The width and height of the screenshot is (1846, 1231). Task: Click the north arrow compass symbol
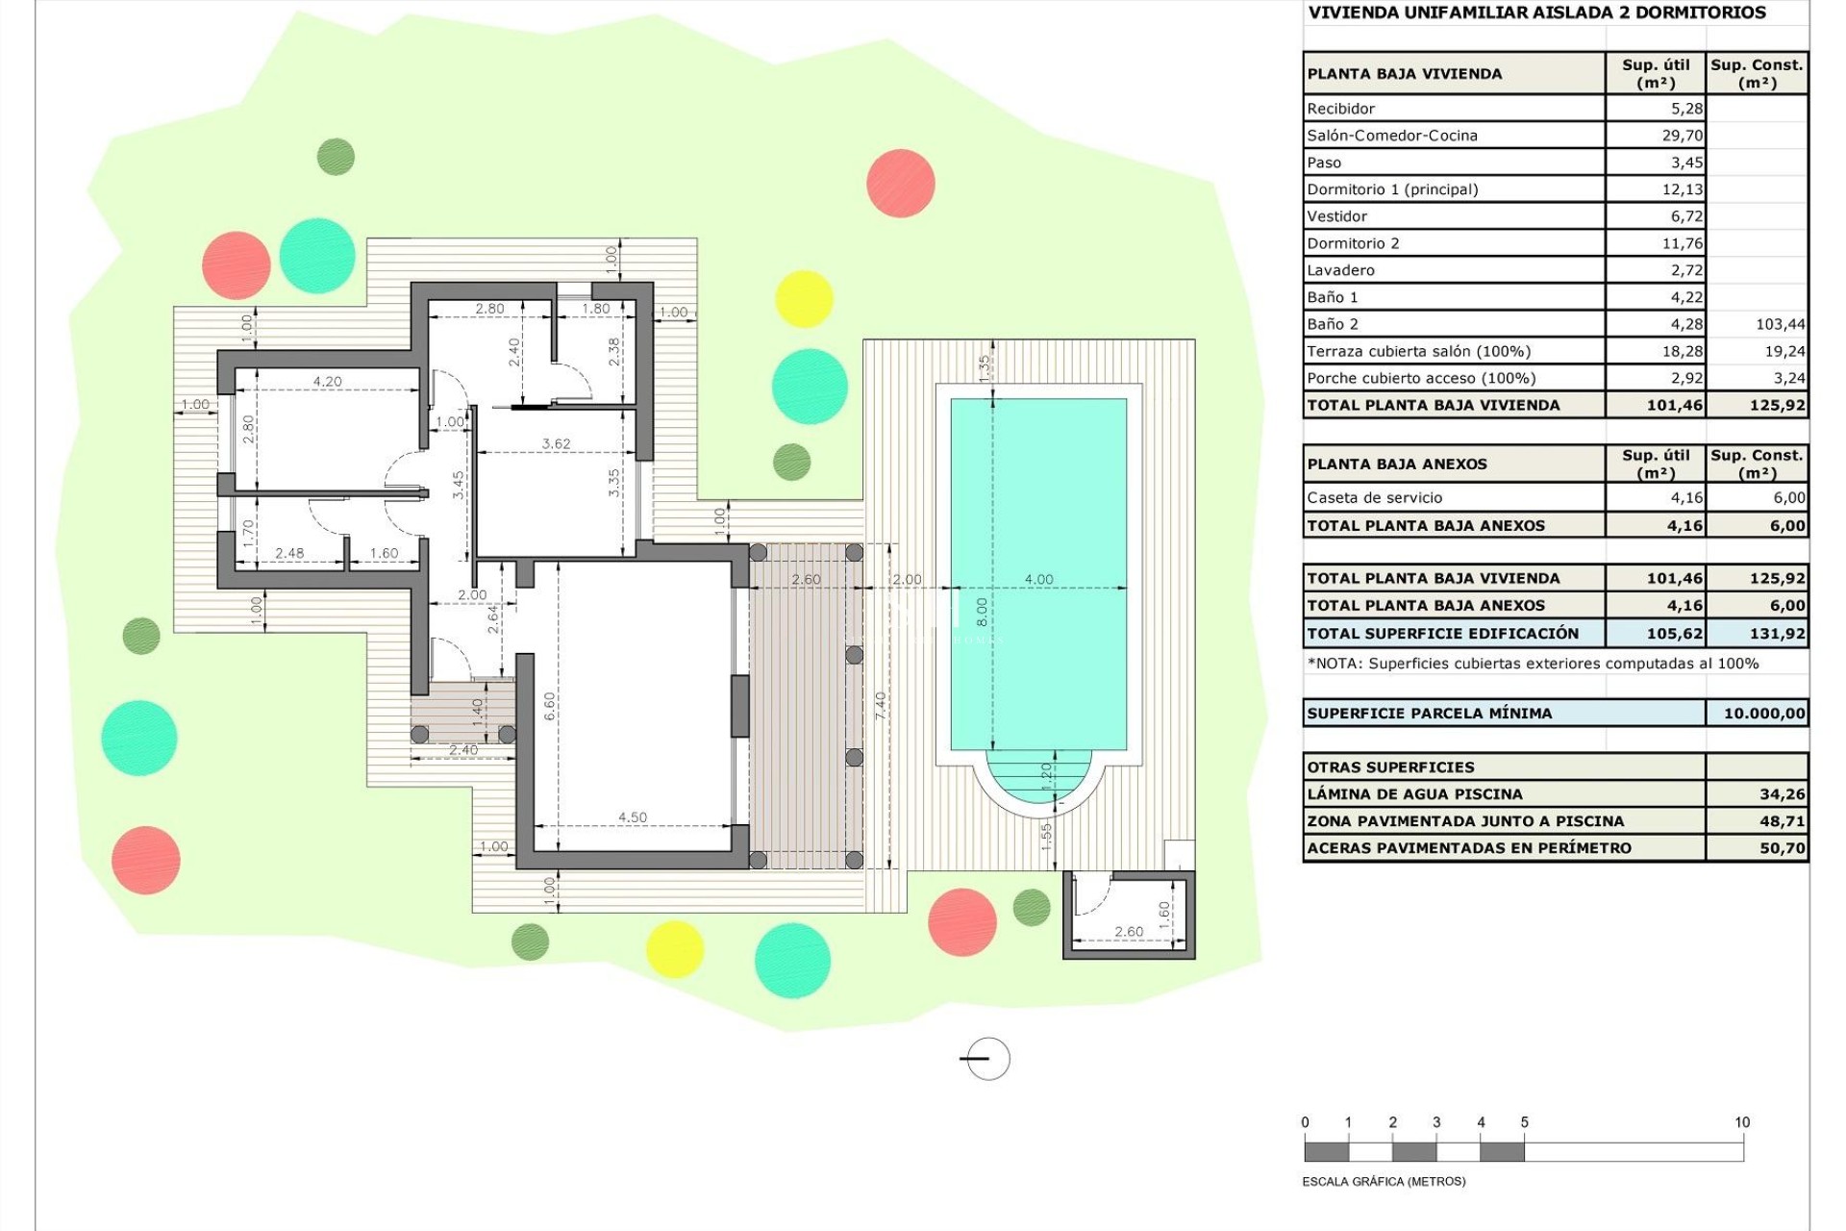pos(985,1059)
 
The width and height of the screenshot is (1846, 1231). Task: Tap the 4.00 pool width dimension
pos(1038,579)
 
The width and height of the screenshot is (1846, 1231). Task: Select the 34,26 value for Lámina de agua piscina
pos(1782,794)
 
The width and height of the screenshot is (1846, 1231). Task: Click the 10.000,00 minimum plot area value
pos(1763,714)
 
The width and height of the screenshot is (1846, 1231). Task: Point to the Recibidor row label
pos(1341,109)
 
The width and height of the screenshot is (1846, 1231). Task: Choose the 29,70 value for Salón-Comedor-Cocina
pos(1682,136)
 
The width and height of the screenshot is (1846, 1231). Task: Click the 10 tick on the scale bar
pos(1741,1122)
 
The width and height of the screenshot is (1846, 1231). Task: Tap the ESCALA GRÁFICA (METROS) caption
pos(1384,1182)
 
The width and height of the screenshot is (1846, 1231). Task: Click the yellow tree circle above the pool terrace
pos(804,299)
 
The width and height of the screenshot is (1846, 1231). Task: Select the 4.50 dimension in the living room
pos(632,817)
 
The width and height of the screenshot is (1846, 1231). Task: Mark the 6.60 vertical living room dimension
pos(550,706)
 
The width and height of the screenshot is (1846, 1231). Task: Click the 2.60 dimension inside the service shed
pos(1129,932)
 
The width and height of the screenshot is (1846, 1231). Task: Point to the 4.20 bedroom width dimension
pos(327,382)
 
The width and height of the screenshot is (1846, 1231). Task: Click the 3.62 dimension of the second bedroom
pos(556,444)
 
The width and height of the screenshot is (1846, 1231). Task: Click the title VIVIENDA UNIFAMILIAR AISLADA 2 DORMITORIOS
pos(1535,13)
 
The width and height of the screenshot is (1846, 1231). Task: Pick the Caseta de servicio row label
pos(1374,498)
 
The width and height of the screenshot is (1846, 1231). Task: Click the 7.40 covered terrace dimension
pos(881,705)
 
